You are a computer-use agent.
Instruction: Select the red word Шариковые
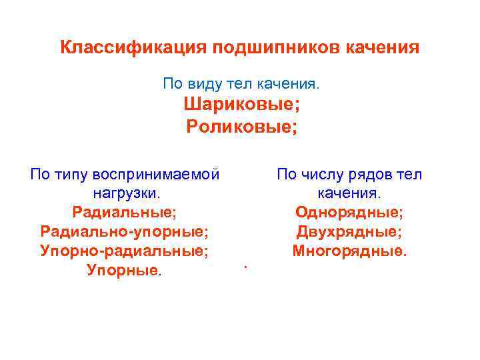[239, 105]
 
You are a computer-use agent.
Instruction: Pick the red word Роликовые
[239, 126]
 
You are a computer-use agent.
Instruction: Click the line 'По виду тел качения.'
[241, 85]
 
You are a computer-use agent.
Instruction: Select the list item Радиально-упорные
[124, 233]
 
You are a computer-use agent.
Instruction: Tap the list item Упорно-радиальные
[124, 252]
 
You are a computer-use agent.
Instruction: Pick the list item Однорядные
[349, 213]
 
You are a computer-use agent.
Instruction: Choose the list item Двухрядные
[349, 233]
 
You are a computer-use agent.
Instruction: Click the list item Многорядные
[349, 252]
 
